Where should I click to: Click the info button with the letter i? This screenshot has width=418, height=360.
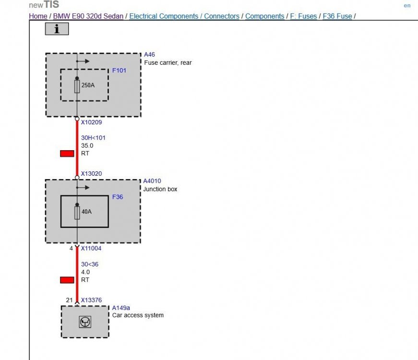(57, 29)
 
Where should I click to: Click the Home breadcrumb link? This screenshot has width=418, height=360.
(38, 16)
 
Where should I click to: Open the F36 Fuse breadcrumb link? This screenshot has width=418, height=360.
(337, 16)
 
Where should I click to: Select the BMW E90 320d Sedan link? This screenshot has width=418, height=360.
(89, 16)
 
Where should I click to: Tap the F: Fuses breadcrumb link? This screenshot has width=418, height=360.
(303, 16)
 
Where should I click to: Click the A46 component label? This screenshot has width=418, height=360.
(149, 55)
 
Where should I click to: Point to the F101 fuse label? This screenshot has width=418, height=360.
(119, 71)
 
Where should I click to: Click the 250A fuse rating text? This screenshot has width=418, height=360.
(88, 85)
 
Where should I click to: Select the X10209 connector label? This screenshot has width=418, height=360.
(91, 122)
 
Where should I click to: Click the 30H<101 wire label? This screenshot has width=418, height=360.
(93, 138)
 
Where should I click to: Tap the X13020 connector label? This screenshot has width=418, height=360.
(91, 174)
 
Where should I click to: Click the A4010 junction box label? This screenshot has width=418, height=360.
(152, 181)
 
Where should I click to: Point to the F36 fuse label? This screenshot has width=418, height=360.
(118, 197)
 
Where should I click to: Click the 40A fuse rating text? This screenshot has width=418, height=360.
(86, 211)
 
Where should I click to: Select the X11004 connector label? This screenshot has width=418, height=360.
(91, 249)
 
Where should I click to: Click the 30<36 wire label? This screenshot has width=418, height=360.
(90, 264)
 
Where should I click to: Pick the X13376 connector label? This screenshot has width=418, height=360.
(91, 300)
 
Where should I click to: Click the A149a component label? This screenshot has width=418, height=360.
(121, 308)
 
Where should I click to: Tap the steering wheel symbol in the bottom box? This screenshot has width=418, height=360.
(85, 322)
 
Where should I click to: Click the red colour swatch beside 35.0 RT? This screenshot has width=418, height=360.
(67, 154)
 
